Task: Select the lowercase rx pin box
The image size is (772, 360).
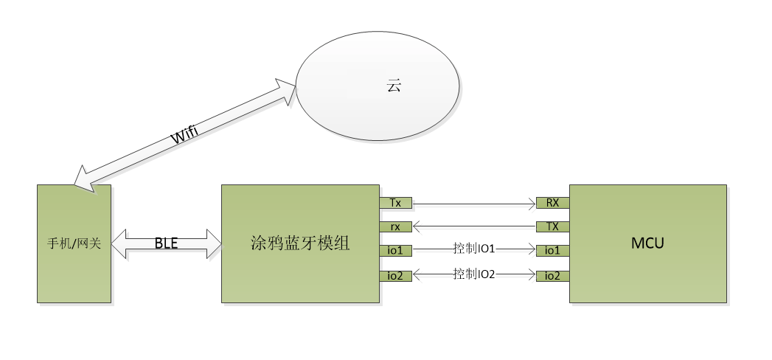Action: click(x=396, y=226)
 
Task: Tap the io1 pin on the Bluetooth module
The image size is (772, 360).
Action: click(x=396, y=250)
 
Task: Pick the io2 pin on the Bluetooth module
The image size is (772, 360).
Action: click(x=396, y=275)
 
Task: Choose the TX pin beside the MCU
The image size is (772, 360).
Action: click(x=552, y=226)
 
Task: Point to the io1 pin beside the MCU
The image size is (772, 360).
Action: click(x=552, y=250)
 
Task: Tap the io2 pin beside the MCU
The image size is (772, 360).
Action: click(x=552, y=275)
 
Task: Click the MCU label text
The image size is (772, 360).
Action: click(x=647, y=243)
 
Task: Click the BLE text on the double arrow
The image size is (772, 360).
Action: click(x=167, y=243)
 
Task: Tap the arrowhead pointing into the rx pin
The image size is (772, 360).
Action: click(x=417, y=226)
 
